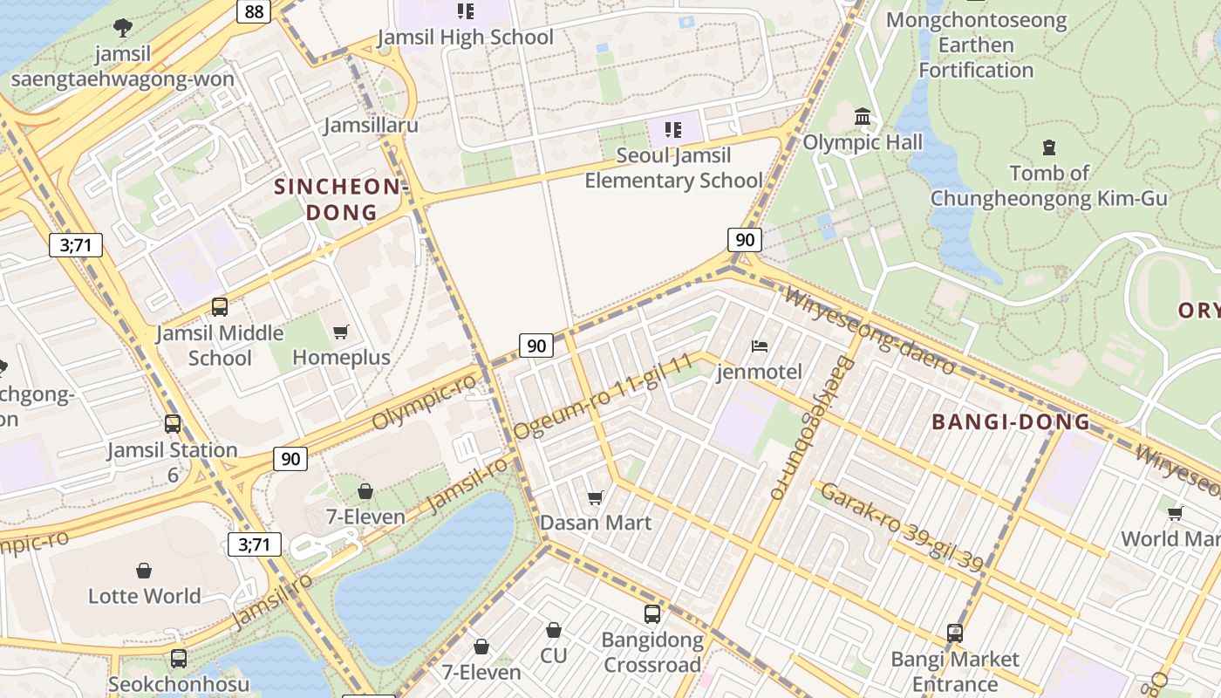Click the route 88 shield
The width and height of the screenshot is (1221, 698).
click(x=254, y=11)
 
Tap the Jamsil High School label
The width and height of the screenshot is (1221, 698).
click(x=465, y=37)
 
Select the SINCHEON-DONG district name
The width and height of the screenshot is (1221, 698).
click(x=341, y=199)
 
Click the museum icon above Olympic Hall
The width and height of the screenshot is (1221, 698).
click(x=863, y=116)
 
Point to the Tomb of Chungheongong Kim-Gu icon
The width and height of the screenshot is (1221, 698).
click(x=1048, y=147)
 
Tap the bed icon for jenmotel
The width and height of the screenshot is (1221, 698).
click(x=760, y=346)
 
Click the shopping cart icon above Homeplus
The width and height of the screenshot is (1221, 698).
click(x=341, y=332)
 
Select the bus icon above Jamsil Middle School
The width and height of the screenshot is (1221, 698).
click(x=220, y=307)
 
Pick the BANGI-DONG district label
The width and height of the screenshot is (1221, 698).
click(x=1011, y=422)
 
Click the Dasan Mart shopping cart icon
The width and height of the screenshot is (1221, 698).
click(x=596, y=497)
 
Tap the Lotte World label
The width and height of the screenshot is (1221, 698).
click(x=145, y=596)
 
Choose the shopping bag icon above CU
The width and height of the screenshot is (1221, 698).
click(x=553, y=630)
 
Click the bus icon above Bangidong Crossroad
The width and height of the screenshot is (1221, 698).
click(x=652, y=614)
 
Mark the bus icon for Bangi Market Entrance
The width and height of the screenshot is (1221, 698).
click(x=955, y=633)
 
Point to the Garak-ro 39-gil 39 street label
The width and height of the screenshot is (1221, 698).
click(x=903, y=527)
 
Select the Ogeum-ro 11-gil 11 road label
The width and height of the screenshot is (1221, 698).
click(x=604, y=396)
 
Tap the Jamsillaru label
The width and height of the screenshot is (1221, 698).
click(x=371, y=125)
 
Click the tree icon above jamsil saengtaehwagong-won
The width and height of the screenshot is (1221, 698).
click(x=123, y=28)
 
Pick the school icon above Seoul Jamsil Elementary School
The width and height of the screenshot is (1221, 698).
click(x=672, y=130)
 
